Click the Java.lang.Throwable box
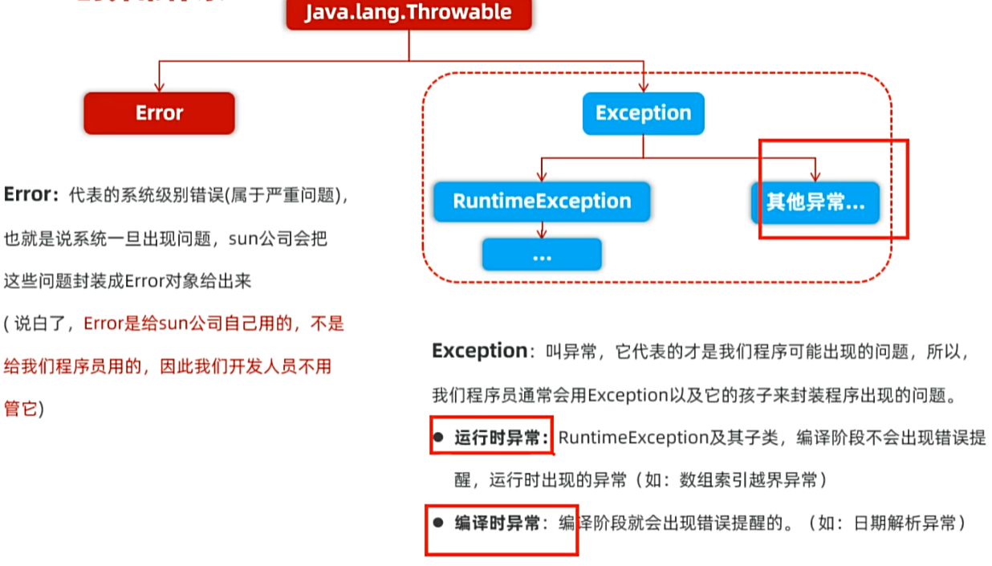point(409,13)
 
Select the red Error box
point(159,113)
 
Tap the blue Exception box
point(643,113)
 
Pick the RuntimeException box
point(542,201)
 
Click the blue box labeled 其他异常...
point(815,202)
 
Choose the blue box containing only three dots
point(542,254)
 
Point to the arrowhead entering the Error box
point(159,87)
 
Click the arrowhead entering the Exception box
point(643,87)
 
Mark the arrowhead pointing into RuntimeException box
point(542,177)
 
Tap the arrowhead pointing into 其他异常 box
point(815,177)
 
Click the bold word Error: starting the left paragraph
point(31,195)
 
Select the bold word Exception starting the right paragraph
point(479,351)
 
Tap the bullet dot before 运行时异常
point(438,438)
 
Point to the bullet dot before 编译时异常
point(438,523)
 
